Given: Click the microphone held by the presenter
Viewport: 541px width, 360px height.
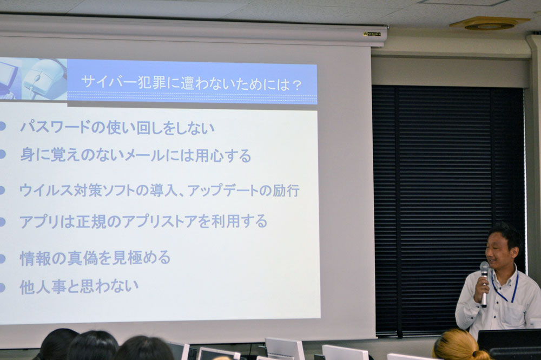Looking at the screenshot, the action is pyautogui.click(x=484, y=284).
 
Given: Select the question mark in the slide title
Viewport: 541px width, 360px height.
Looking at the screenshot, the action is pyautogui.click(x=296, y=85).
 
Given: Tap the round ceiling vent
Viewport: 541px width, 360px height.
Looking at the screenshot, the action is pyautogui.click(x=489, y=24).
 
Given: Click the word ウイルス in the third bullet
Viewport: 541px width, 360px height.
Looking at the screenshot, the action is pyautogui.click(x=46, y=190).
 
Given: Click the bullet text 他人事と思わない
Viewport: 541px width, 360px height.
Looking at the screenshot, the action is pyautogui.click(x=79, y=286).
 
